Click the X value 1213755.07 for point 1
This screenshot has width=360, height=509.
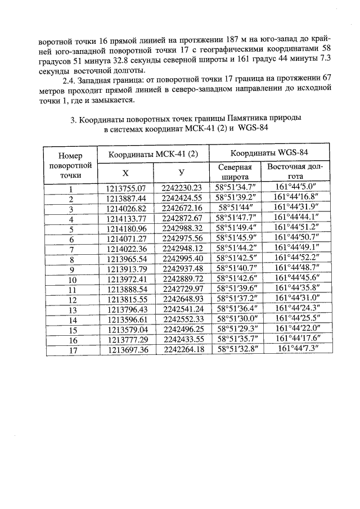[x=126, y=188]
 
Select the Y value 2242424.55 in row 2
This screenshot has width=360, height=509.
[x=181, y=199]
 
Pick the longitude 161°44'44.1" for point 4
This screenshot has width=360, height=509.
[x=296, y=219]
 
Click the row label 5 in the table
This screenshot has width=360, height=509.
[x=71, y=229]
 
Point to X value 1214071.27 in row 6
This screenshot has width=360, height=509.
[x=126, y=239]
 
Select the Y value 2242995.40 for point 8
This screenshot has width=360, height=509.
[x=181, y=259]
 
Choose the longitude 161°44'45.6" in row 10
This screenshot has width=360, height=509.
[x=296, y=279]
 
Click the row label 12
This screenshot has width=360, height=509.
[x=71, y=299]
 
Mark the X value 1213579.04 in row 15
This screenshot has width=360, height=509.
[x=126, y=330]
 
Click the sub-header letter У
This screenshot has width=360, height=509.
[x=181, y=172]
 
